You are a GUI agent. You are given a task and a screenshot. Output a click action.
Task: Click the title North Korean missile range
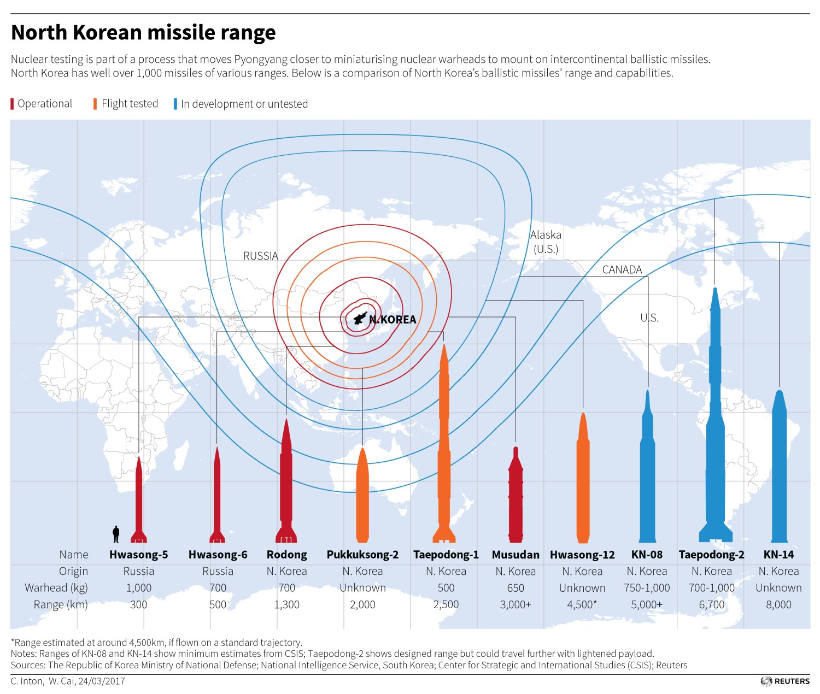coord(143,33)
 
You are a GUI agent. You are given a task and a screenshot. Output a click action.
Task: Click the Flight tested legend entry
coord(126,104)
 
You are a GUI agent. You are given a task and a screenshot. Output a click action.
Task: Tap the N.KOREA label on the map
coord(392,320)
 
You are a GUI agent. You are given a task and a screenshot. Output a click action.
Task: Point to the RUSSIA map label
coord(261,256)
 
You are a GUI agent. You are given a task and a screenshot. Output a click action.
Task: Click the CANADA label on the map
coord(622,269)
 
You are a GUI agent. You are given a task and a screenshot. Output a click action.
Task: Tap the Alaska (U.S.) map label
coord(546,242)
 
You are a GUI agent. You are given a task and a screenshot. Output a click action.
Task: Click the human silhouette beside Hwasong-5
coord(116,534)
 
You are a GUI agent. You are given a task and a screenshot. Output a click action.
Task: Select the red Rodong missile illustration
coord(286,481)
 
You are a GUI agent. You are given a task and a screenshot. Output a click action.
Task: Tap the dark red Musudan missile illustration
coord(516,495)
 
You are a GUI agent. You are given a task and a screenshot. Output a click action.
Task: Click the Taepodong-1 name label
coord(446,555)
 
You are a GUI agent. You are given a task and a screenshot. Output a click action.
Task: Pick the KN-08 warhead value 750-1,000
coord(647,588)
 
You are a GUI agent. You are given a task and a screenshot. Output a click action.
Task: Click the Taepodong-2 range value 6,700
coord(711,604)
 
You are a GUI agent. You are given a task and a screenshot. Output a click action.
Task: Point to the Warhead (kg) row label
coord(56,588)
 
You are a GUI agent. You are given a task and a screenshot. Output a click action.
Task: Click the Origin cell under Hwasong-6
coord(218,571)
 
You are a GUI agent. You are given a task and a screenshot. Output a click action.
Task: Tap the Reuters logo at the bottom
coord(785,681)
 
